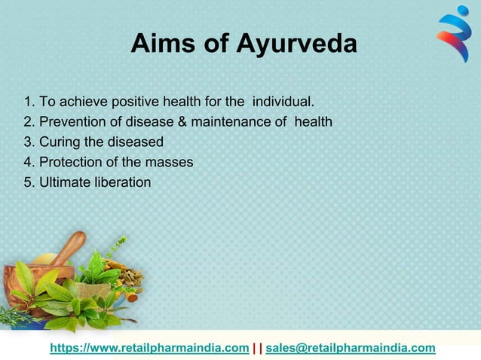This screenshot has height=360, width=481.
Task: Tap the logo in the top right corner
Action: pos(454,34)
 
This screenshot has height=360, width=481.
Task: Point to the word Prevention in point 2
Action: pos(71,121)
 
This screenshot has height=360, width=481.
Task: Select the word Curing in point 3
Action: pos(58,142)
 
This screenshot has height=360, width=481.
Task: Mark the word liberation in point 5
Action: pos(122,182)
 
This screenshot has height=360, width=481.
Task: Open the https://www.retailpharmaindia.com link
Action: pos(149,347)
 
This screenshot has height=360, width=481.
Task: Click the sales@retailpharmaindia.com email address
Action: pos(351,347)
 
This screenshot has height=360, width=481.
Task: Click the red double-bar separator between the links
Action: pos(257,347)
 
